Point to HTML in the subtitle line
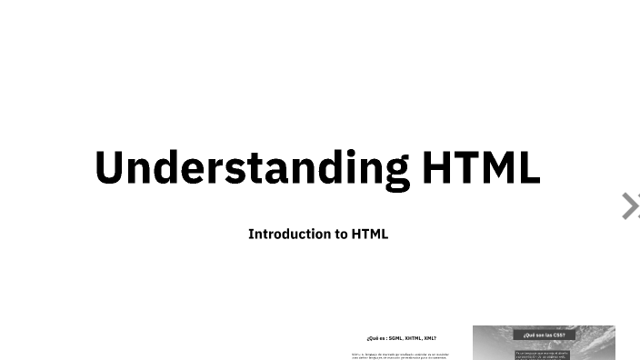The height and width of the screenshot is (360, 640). (x=370, y=234)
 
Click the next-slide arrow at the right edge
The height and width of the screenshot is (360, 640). (x=630, y=206)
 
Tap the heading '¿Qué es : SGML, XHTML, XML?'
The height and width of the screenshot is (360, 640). (x=401, y=337)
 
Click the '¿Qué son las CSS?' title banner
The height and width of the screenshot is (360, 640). (x=544, y=335)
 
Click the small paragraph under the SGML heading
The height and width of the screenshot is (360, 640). (x=400, y=355)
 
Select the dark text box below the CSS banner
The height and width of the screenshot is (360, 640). (x=543, y=355)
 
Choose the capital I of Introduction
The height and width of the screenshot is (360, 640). (x=251, y=234)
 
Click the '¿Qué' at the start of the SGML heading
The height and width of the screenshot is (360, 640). (x=371, y=337)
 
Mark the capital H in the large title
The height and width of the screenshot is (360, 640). (x=437, y=167)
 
